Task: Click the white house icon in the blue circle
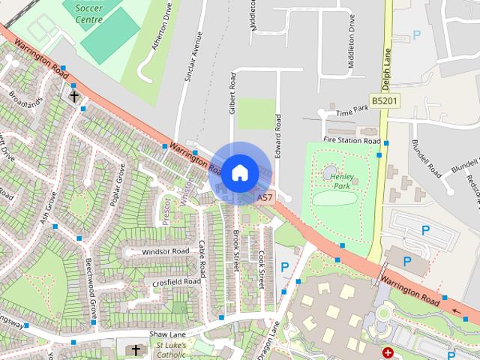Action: pos(239,172)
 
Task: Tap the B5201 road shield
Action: pos(383,100)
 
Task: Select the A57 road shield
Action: pos(263,198)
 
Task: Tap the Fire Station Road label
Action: pos(352,140)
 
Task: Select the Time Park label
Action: pos(352,111)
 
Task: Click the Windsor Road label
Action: pos(165,251)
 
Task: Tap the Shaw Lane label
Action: pos(166,333)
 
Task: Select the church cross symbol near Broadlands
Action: pos(74,97)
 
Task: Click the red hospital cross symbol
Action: pos(388,352)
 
